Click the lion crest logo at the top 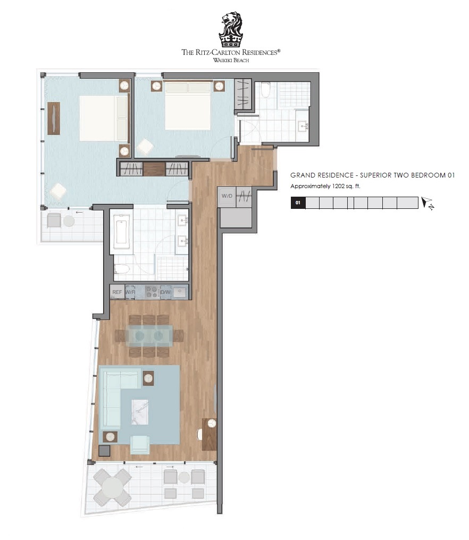[x=231, y=30]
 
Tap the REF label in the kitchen [x=117, y=292]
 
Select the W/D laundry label [x=227, y=196]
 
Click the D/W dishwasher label [x=166, y=292]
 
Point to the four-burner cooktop [x=152, y=292]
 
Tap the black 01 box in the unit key [x=298, y=203]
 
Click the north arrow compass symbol [x=428, y=203]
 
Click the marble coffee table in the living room [x=140, y=412]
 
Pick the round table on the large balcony [x=112, y=488]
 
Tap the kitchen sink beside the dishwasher [x=180, y=292]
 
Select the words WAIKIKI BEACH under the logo [x=231, y=60]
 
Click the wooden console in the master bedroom [x=54, y=118]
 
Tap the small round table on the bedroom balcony [x=69, y=221]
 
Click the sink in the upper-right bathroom [x=303, y=126]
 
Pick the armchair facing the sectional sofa [x=140, y=445]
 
